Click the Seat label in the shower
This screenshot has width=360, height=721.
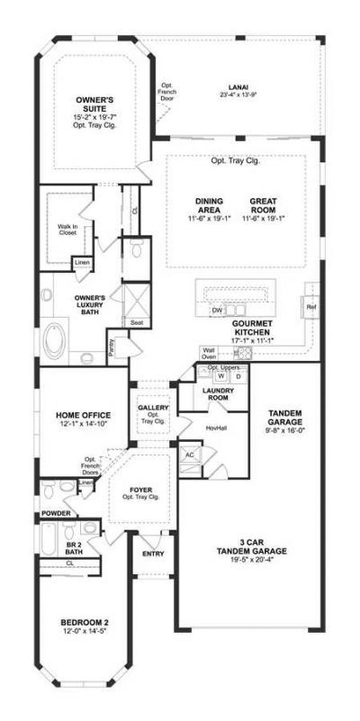point(138,321)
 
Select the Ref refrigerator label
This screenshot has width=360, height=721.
point(311,307)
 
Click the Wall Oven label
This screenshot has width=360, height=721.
point(209,354)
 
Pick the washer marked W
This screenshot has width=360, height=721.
point(219,376)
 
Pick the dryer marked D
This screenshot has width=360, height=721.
point(238,376)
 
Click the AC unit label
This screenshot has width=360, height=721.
point(189,456)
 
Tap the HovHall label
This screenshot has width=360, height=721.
point(216,428)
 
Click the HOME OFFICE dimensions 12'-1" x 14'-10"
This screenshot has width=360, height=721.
point(83,425)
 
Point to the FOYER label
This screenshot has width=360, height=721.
point(140,491)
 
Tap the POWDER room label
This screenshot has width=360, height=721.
point(55,514)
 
